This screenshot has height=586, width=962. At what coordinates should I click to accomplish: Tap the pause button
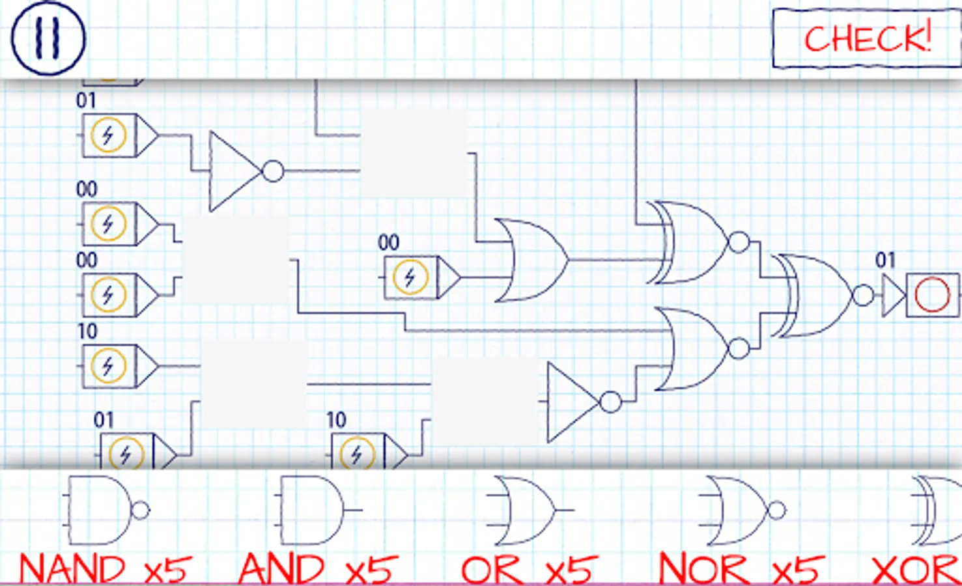[x=48, y=38]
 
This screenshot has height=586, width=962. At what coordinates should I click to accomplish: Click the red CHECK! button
[x=867, y=38]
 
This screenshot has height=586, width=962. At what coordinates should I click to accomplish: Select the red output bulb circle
[x=932, y=295]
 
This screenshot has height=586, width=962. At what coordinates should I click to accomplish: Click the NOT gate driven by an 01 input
[x=245, y=171]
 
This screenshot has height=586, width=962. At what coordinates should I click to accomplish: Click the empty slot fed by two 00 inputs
[x=235, y=260]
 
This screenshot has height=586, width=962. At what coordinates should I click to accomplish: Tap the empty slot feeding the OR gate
[x=414, y=153]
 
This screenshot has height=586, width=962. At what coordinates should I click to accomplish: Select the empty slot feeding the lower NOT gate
[x=484, y=401]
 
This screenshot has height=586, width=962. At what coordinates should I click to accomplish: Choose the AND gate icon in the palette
[x=318, y=510]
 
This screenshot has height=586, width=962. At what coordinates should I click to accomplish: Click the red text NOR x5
[x=741, y=568]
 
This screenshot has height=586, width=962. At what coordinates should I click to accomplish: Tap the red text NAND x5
[x=106, y=568]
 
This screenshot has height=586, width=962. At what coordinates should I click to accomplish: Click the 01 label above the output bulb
[x=885, y=260]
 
